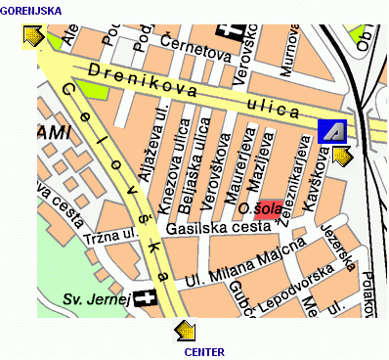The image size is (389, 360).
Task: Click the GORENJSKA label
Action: tap(31, 11)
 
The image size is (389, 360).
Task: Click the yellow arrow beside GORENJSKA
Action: tap(32, 36)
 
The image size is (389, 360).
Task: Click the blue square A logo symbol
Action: tap(331, 130)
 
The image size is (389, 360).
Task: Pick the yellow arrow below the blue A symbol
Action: tap(342, 157)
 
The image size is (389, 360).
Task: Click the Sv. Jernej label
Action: tap(96, 298)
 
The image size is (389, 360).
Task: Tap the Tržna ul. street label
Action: tap(110, 237)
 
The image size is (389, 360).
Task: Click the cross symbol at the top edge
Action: tap(230, 31)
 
